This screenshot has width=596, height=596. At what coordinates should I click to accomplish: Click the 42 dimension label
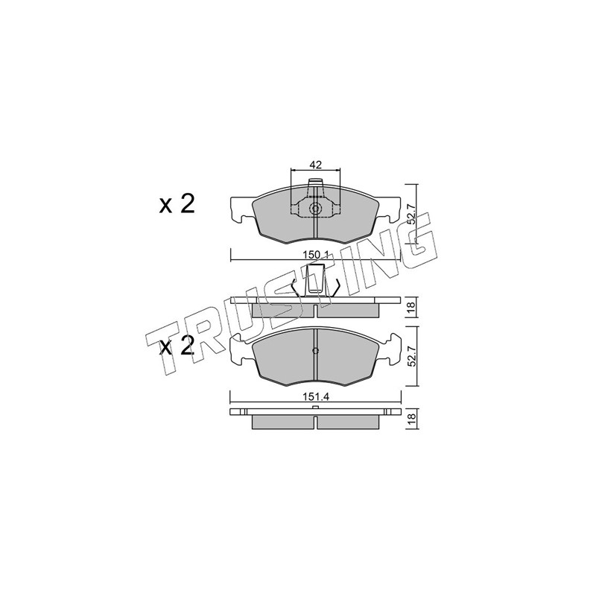[x=315, y=165]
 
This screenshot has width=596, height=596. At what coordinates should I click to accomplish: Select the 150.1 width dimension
[x=315, y=255]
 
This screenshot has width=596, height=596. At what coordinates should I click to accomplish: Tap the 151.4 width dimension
[x=315, y=396]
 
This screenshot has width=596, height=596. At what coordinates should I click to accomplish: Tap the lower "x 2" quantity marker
[x=177, y=346]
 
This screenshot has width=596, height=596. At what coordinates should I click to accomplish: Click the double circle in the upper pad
[x=315, y=209]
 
